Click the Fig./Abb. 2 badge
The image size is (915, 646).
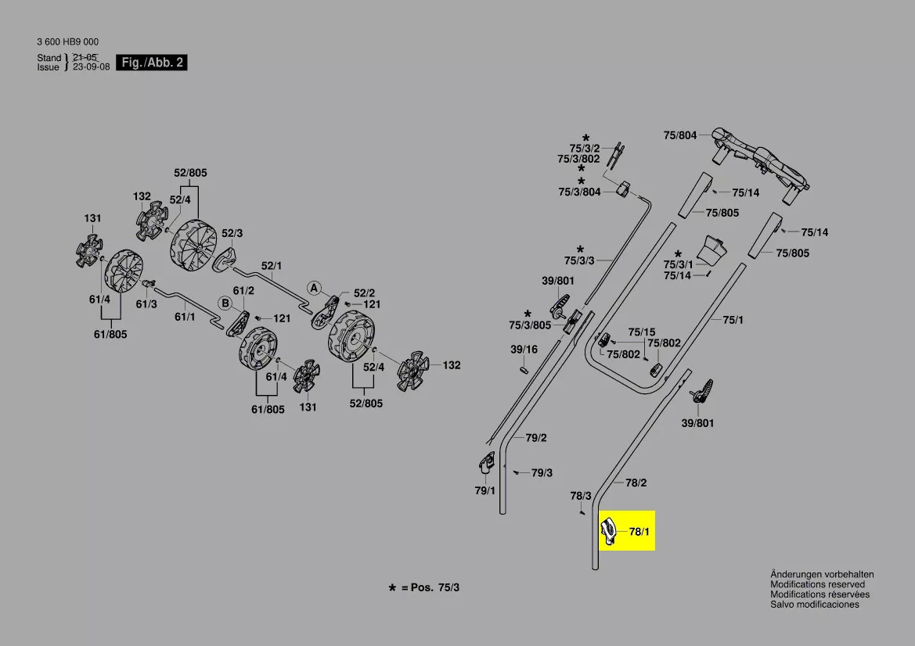coord(151,63)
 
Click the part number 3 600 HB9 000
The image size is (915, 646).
coord(67,42)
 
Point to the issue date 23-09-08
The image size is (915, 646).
coord(92,67)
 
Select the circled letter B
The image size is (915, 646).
coord(225,303)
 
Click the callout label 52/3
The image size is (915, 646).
coord(232,233)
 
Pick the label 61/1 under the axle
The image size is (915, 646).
coord(185,317)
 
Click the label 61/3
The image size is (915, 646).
coord(146,303)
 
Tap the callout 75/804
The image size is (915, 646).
coord(679,135)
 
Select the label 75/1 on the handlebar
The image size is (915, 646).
coord(733,319)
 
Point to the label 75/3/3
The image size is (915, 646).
coord(579,260)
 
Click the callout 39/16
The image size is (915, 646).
coord(524,350)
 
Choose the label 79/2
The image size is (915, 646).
coord(536,438)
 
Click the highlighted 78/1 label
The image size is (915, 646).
coord(639,532)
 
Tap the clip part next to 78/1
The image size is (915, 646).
coord(609,532)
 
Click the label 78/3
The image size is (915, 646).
coord(581,496)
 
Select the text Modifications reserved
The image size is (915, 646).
coord(817,584)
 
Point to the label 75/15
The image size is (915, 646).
coord(642,332)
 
